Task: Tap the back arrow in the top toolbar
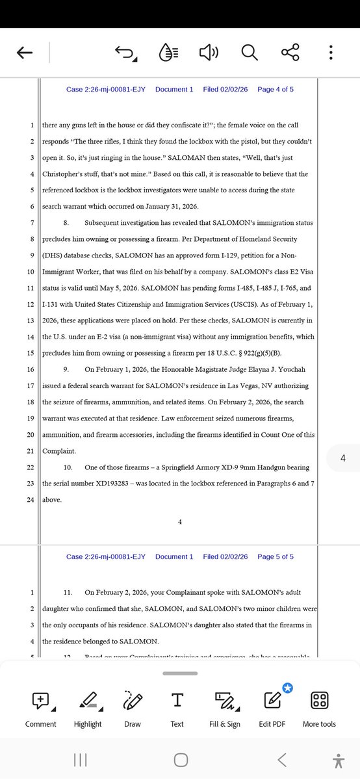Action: [x=25, y=53]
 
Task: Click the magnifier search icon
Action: [x=250, y=52]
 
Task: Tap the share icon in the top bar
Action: [x=290, y=52]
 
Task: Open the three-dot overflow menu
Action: [x=331, y=52]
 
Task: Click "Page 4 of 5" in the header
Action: [x=276, y=89]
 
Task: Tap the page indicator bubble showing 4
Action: [x=342, y=459]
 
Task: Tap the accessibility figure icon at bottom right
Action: [x=337, y=760]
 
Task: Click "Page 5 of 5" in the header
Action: [x=276, y=556]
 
